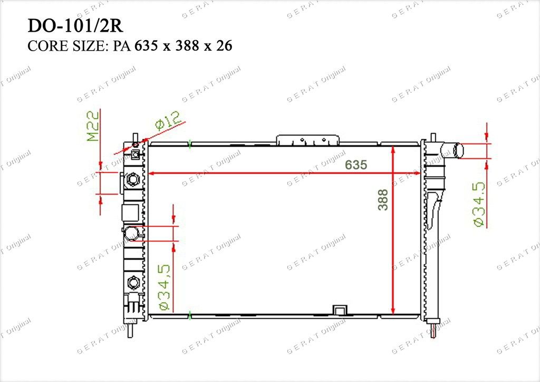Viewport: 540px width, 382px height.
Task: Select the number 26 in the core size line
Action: point(224,46)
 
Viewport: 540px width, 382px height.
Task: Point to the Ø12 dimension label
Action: point(168,120)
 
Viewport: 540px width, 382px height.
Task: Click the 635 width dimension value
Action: point(356,165)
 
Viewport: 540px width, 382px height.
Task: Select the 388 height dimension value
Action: point(383,199)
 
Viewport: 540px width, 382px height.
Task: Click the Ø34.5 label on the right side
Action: point(479,204)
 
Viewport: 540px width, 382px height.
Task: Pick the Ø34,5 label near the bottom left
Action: point(164,287)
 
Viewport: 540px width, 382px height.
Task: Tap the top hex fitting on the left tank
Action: point(132,179)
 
